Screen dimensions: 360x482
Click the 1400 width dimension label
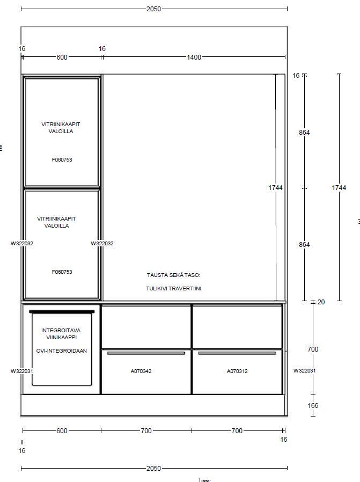pos(194,57)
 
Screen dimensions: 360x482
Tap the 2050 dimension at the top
pos(153,9)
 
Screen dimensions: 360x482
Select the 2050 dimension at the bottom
pos(153,468)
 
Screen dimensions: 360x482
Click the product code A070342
pos(141,371)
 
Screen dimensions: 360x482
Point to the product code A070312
pos(237,371)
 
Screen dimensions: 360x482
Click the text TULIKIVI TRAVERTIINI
pos(173,288)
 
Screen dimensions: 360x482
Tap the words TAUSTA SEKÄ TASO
pos(173,275)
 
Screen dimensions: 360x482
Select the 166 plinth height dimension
pos(313,405)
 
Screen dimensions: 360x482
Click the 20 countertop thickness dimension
pos(321,302)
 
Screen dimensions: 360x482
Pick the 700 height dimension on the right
pos(313,349)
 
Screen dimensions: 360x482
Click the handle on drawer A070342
pos(146,353)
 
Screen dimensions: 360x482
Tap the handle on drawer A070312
pos(237,353)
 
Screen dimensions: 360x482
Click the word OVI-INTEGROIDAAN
pos(62,350)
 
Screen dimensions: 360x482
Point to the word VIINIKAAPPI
pos(62,337)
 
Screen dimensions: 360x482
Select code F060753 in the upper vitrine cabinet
pos(62,159)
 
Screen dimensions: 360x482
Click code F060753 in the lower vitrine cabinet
pos(62,272)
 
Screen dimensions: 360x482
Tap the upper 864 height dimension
pos(304,133)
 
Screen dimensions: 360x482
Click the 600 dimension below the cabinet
pos(62,430)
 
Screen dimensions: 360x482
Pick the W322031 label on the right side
pos(304,371)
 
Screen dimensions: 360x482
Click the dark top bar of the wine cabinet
pos(62,312)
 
